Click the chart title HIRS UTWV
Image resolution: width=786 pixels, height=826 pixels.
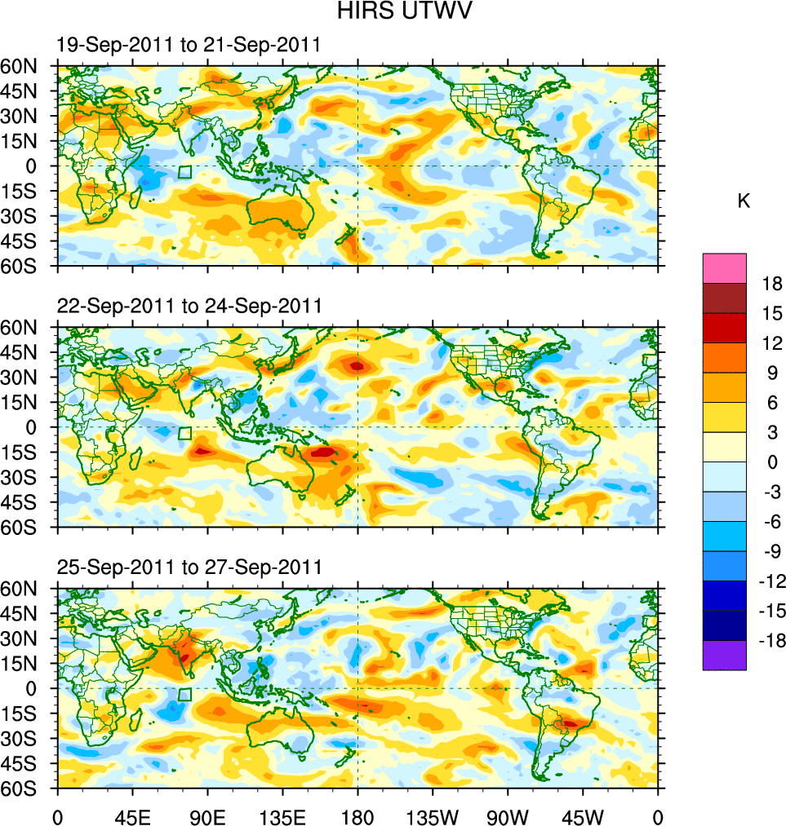(x=393, y=11)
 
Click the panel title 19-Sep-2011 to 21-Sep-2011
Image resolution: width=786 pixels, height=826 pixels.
(x=189, y=45)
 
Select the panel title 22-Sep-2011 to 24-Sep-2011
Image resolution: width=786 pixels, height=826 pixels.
(x=189, y=306)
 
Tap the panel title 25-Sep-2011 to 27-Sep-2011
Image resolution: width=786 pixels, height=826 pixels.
(x=189, y=567)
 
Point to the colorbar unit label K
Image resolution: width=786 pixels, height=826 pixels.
(x=743, y=201)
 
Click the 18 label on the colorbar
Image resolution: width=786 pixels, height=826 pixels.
(x=771, y=284)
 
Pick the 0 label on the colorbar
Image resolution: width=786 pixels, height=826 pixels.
(x=773, y=462)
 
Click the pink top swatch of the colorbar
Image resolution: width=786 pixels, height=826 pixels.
(x=724, y=267)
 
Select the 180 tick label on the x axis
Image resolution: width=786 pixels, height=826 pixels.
(x=357, y=815)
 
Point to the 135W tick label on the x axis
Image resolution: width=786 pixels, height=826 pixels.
(x=432, y=815)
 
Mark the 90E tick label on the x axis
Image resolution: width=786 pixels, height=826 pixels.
(x=206, y=815)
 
